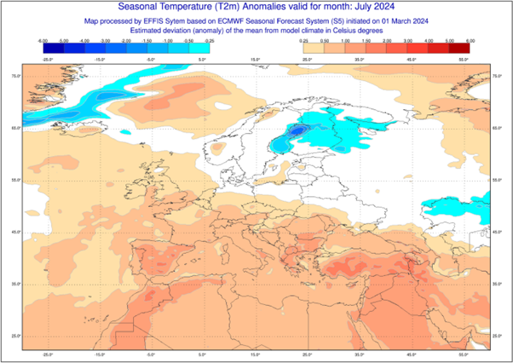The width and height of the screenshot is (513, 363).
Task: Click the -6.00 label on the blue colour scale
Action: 43,40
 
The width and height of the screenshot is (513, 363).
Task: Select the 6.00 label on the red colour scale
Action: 469,40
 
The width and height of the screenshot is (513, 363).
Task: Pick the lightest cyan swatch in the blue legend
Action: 199,48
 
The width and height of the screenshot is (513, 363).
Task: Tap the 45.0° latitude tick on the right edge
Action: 497,232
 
